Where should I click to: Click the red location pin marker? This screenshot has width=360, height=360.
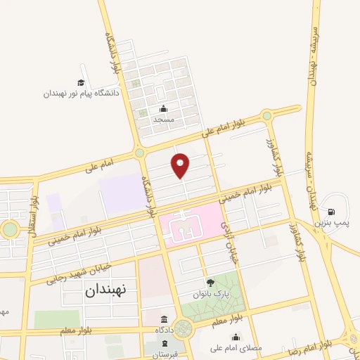click(181, 165)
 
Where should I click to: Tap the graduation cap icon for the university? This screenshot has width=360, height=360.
click(82, 82)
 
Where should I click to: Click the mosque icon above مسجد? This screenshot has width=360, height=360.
click(164, 108)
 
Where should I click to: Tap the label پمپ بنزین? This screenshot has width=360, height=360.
click(331, 222)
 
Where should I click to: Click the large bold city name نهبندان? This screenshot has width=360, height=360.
click(108, 290)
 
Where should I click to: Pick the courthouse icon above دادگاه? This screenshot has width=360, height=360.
click(164, 319)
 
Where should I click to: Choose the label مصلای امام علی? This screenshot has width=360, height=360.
click(236, 347)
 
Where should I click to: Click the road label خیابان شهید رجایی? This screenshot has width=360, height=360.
click(82, 269)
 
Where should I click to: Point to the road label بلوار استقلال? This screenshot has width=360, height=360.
click(33, 209)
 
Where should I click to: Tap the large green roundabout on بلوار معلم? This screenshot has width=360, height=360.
click(184, 328)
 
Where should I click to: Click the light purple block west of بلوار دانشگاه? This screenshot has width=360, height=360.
click(122, 191)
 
